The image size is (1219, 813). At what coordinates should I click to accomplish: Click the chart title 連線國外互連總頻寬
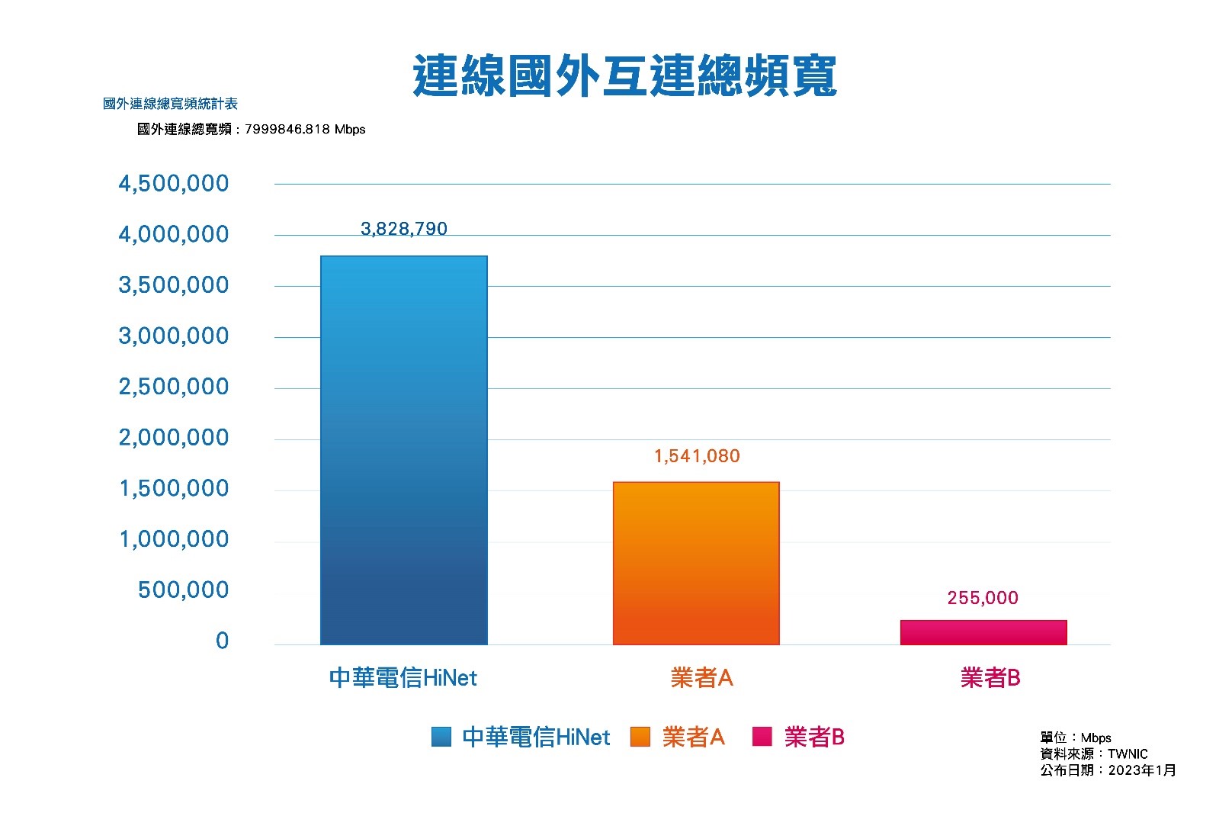624,76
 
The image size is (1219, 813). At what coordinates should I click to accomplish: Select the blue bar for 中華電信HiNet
403,450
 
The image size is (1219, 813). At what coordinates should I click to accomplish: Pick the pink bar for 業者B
983,632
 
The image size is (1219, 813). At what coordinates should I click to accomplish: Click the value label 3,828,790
403,229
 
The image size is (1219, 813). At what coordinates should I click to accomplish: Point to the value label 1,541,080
697,456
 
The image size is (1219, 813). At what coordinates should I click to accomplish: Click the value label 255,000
982,598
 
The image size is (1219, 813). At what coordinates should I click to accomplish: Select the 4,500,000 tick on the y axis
173,184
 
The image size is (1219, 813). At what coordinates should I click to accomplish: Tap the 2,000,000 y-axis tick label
173,438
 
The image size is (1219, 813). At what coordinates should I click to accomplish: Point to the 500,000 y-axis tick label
183,590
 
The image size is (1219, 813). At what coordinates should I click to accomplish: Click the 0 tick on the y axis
222,641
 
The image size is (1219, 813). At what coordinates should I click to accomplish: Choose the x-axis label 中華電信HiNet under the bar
403,677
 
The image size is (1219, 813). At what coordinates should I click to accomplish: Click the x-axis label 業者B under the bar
990,677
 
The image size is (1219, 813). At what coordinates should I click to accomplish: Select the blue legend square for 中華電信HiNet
441,737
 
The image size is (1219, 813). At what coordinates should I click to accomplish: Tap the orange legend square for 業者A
640,737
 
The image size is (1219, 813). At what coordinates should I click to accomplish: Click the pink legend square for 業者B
762,737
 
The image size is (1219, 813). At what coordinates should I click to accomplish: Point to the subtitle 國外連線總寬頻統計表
170,104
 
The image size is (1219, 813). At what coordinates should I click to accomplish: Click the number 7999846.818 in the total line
287,130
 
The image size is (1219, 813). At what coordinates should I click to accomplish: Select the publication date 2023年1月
1141,770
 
